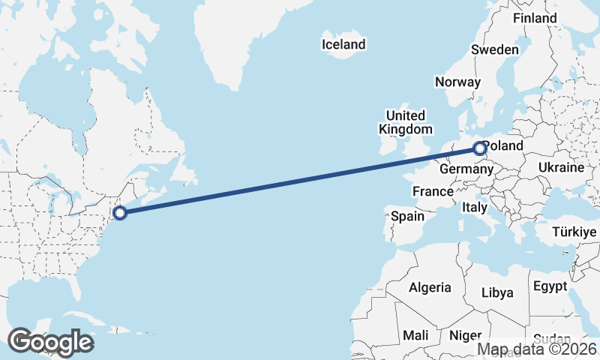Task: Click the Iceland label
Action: [x=343, y=44]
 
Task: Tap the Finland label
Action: [x=535, y=18]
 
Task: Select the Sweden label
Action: [x=495, y=49]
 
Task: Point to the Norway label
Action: [x=457, y=82]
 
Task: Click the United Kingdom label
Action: [x=406, y=122]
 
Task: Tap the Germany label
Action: [x=465, y=169]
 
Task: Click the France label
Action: [x=433, y=192]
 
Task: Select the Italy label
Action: [x=475, y=207]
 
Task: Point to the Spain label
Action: [x=407, y=217]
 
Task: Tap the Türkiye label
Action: [x=574, y=233]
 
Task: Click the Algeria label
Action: [x=430, y=287]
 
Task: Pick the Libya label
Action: [x=497, y=292]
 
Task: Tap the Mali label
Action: [x=415, y=335]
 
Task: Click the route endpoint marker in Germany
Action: [x=481, y=148]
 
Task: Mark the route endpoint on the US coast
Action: [x=120, y=213]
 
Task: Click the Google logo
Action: [x=50, y=342]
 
